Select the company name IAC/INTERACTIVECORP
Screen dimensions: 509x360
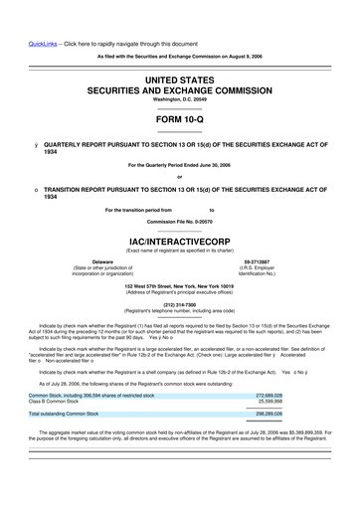click(179, 241)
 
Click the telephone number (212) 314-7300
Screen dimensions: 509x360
click(179, 304)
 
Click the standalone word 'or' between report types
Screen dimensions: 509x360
click(179, 178)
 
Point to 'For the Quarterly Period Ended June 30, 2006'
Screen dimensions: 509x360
click(179, 164)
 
